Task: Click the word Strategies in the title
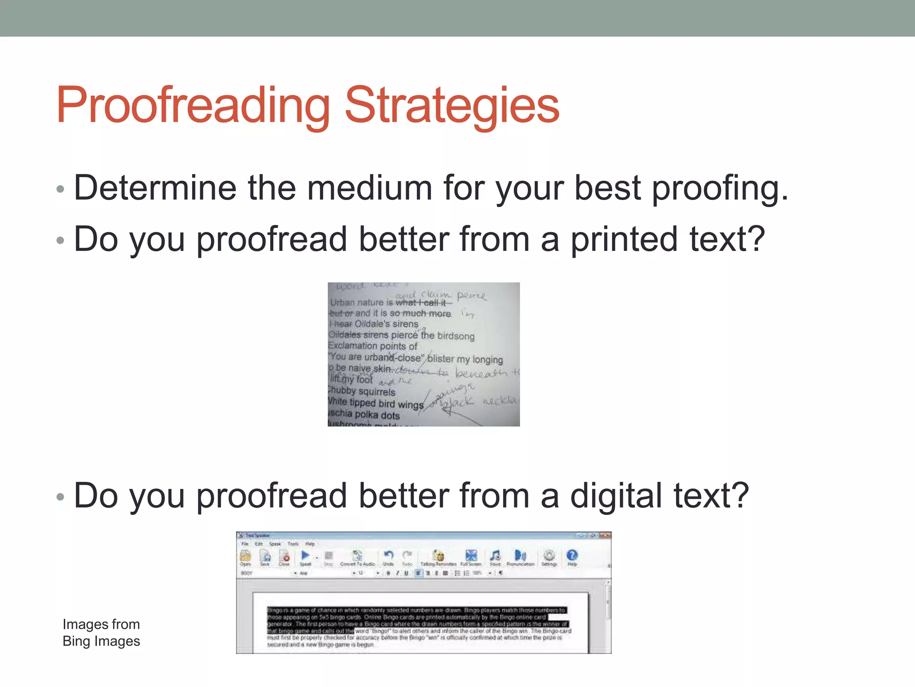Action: click(x=452, y=105)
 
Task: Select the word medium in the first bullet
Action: click(x=369, y=188)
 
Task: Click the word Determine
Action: click(x=155, y=188)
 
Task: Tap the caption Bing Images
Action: click(x=101, y=641)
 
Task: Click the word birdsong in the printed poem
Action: click(x=456, y=336)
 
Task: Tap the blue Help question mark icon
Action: click(x=572, y=556)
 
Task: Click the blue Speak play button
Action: click(x=305, y=556)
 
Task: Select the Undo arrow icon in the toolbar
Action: click(x=388, y=556)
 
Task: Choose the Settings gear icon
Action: click(x=549, y=556)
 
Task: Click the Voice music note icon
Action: click(x=495, y=556)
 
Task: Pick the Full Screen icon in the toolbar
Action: click(x=471, y=556)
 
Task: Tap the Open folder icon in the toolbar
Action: click(x=245, y=556)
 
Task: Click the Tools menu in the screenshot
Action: click(x=293, y=544)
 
